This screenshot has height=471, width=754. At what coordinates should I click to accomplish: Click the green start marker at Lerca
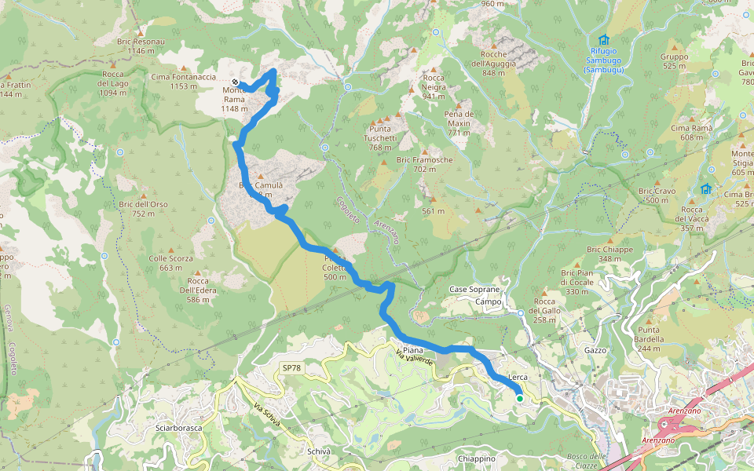pos(519,399)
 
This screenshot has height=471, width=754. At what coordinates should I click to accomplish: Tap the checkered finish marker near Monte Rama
pos(235,82)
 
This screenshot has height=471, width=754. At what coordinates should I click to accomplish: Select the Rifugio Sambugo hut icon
pos(603,40)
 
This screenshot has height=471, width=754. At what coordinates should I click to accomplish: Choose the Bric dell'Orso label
pos(144,209)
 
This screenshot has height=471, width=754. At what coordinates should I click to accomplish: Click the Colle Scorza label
pos(170,262)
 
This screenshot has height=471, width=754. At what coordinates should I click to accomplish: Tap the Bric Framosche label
pos(425,164)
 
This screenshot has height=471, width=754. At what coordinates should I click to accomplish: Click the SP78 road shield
pos(291,368)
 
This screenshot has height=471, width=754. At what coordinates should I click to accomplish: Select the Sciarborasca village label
pos(179,428)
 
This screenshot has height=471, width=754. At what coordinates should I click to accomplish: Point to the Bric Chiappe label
pos(609,254)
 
